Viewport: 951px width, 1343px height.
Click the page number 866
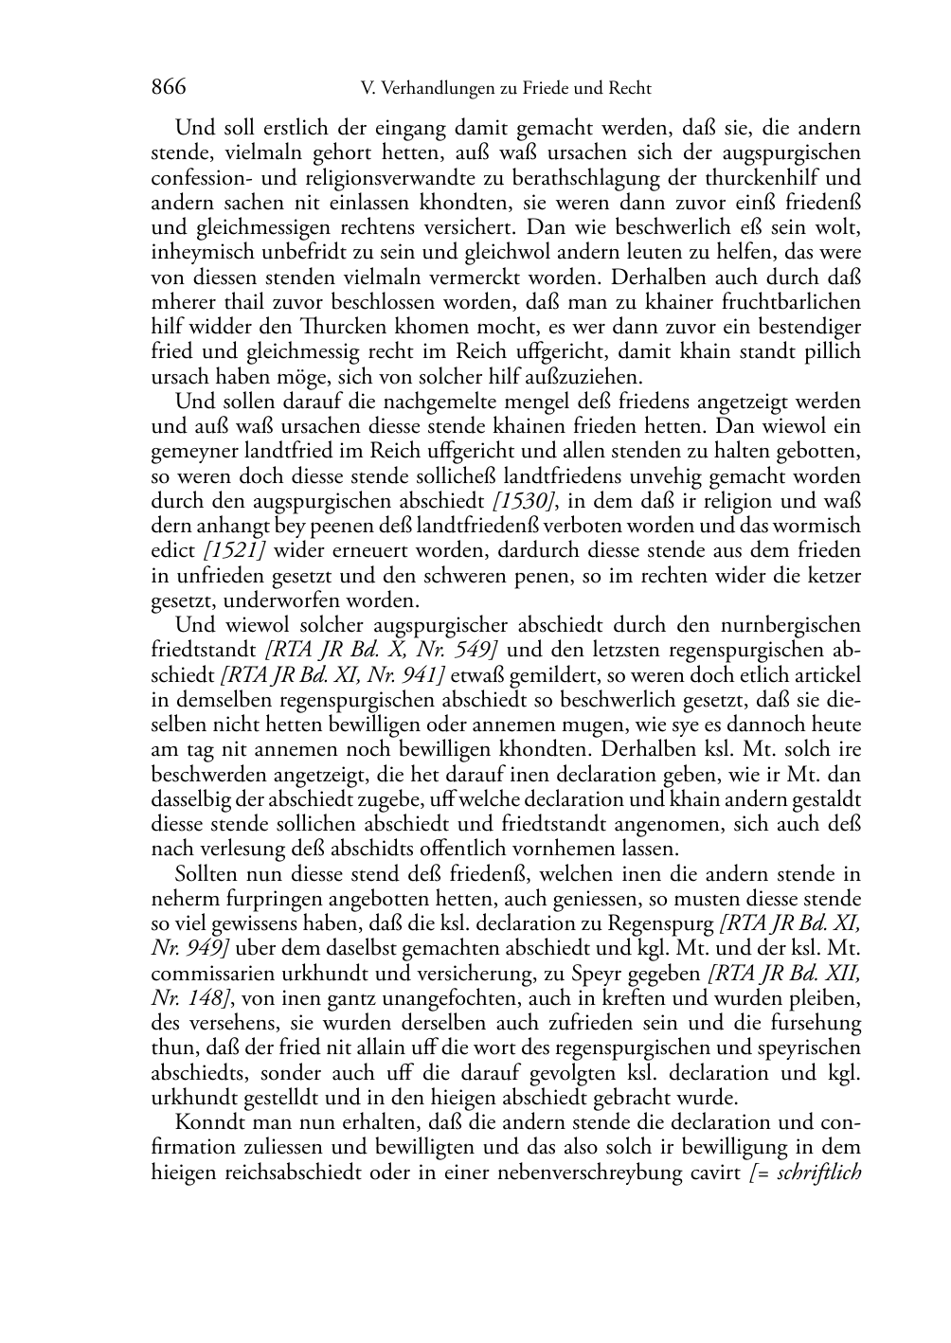tap(169, 88)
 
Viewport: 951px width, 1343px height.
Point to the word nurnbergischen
tap(788, 625)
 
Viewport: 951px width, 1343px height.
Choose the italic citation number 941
tap(423, 674)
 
